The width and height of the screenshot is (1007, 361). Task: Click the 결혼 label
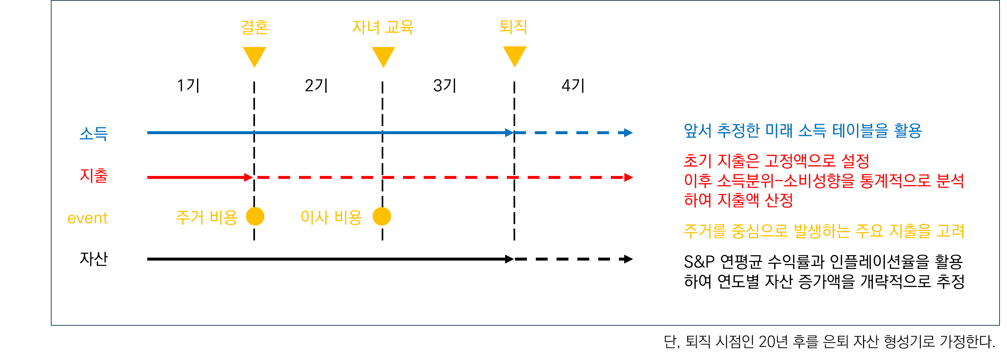click(254, 27)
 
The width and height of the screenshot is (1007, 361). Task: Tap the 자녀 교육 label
click(383, 27)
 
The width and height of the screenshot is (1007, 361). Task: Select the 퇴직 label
click(514, 27)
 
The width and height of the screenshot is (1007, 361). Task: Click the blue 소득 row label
click(94, 134)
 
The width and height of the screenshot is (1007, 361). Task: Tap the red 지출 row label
click(94, 176)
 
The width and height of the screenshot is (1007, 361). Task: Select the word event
click(87, 218)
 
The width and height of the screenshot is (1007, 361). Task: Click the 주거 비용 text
click(206, 217)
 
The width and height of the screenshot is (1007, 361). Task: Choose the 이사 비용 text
click(331, 217)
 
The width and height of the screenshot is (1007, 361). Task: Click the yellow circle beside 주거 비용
click(255, 216)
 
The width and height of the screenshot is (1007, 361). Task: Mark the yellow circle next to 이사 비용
click(382, 216)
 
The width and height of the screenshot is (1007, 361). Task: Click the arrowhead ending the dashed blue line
click(628, 133)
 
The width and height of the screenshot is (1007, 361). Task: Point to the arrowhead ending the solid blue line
click(509, 133)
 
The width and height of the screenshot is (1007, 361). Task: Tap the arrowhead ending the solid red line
click(248, 177)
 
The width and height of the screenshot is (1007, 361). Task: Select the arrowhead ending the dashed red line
click(628, 177)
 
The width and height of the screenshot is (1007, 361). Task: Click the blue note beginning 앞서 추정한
click(803, 131)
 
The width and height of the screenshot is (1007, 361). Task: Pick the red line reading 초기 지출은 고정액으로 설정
click(776, 160)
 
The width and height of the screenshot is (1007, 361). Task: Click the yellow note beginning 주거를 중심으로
click(824, 231)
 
